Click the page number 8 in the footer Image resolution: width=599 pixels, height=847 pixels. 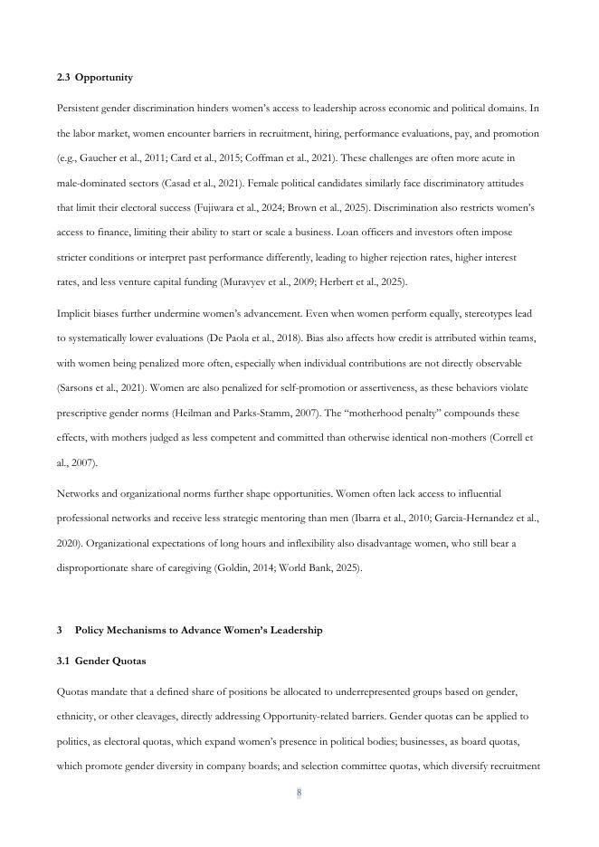(299, 794)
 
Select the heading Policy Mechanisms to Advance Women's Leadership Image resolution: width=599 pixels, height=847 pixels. (198, 630)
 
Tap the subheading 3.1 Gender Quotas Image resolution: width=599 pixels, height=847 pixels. (100, 661)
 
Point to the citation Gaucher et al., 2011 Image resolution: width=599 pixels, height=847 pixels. (117, 158)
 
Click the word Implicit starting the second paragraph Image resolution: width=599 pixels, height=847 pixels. (73, 314)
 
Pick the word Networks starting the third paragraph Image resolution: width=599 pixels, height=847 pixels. (76, 494)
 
